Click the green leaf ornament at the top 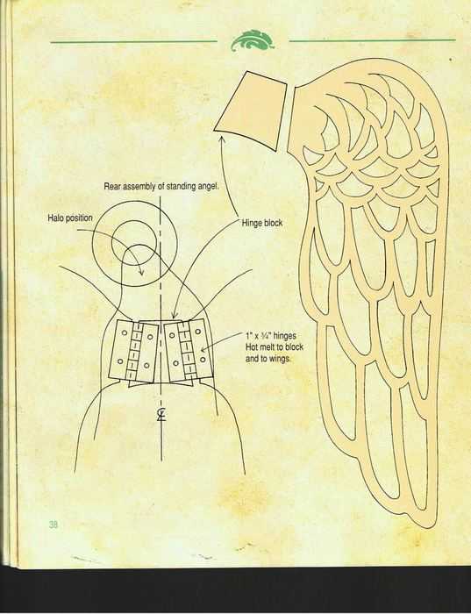pos(253,40)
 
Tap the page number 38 pos(54,525)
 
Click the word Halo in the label pos(54,218)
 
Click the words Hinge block pos(262,223)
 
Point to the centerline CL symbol pos(161,415)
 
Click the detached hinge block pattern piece pos(250,111)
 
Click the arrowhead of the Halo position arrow pos(141,272)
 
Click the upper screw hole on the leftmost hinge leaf pos(125,332)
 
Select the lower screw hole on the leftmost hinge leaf pos(120,361)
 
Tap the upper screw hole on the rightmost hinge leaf pos(198,332)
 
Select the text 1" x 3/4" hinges pos(270,336)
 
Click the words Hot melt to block pos(274,347)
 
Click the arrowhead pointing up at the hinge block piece pos(222,139)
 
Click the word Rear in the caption pos(112,186)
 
